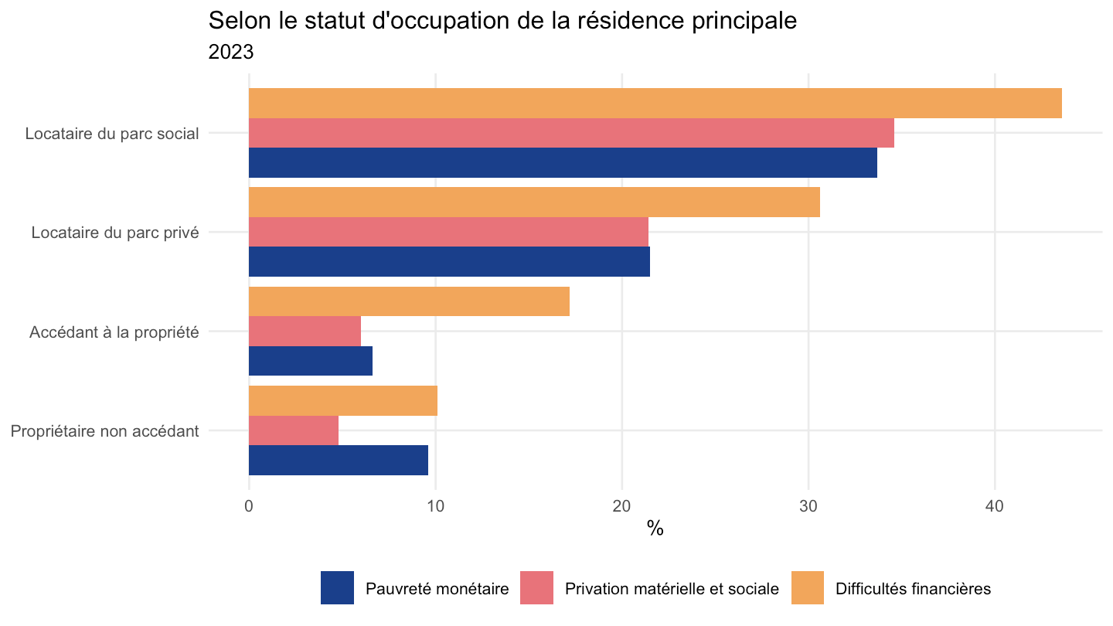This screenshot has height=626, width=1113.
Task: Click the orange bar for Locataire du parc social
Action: coord(655,104)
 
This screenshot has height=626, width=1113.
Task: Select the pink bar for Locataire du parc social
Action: coord(571,133)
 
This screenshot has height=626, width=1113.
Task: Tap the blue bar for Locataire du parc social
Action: coord(563,162)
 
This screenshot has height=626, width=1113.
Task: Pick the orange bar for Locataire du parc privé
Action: coord(534,202)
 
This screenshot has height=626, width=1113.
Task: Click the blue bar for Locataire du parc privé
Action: coord(449,261)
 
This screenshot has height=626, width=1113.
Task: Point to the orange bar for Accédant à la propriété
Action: coord(409,301)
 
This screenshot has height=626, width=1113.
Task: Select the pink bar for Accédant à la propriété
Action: coord(305,331)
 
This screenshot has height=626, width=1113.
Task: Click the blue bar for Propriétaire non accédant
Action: coord(339,460)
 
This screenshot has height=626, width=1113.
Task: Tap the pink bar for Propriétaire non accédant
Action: coord(294,430)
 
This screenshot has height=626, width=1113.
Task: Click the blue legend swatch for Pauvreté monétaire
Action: coord(337,587)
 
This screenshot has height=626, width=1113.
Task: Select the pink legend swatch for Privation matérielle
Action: coord(536,587)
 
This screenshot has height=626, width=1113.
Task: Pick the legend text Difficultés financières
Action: coord(914,589)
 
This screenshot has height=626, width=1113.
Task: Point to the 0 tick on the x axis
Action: coord(249,506)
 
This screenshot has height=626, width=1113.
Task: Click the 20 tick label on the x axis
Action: coord(621,506)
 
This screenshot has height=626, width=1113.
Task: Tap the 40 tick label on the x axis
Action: coord(995,506)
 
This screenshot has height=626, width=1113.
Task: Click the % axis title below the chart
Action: coord(655,529)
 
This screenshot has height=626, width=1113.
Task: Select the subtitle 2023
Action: coord(230,53)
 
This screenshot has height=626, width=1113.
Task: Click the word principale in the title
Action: coord(744,22)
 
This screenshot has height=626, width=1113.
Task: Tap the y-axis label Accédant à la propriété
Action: coord(114,332)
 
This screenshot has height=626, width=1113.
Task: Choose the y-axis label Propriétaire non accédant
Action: coord(105,431)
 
